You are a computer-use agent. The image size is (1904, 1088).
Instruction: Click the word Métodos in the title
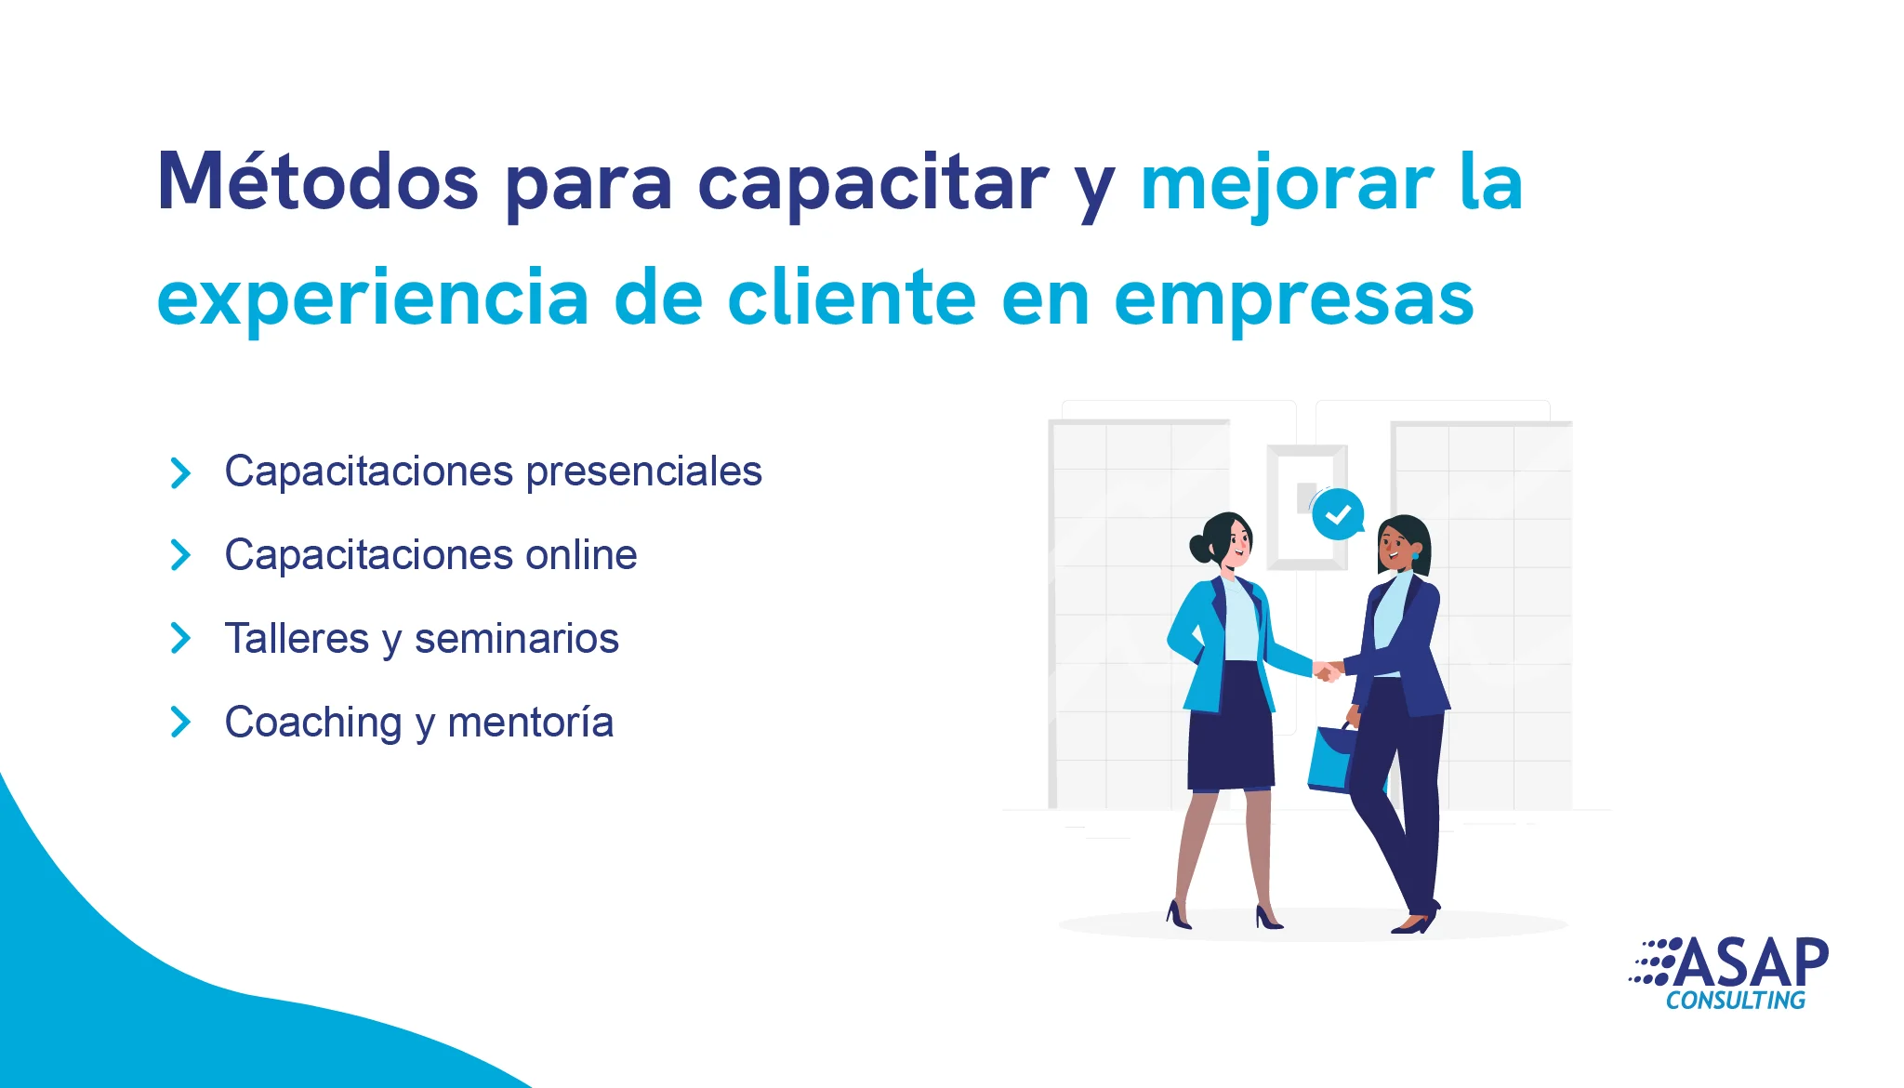pyautogui.click(x=318, y=180)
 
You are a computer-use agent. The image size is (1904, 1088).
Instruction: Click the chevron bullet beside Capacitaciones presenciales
pyautogui.click(x=180, y=472)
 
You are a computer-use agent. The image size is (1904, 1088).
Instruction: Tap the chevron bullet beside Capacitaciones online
pyautogui.click(x=180, y=555)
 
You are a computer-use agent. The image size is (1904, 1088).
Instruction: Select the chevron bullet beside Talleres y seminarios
pyautogui.click(x=180, y=638)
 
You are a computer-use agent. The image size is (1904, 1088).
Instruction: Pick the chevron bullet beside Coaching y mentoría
pyautogui.click(x=180, y=722)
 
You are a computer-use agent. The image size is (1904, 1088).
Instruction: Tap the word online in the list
pyautogui.click(x=581, y=554)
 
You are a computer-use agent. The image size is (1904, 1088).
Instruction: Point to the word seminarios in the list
pyautogui.click(x=517, y=639)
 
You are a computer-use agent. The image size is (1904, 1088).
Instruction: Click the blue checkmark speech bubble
pyautogui.click(x=1338, y=514)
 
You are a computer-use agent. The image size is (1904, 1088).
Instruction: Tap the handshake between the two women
pyautogui.click(x=1329, y=670)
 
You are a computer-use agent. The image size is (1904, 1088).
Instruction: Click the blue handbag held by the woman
pyautogui.click(x=1333, y=758)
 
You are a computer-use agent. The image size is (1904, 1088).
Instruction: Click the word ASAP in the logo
pyautogui.click(x=1752, y=963)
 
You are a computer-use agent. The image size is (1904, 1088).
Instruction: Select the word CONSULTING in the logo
pyautogui.click(x=1736, y=1001)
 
